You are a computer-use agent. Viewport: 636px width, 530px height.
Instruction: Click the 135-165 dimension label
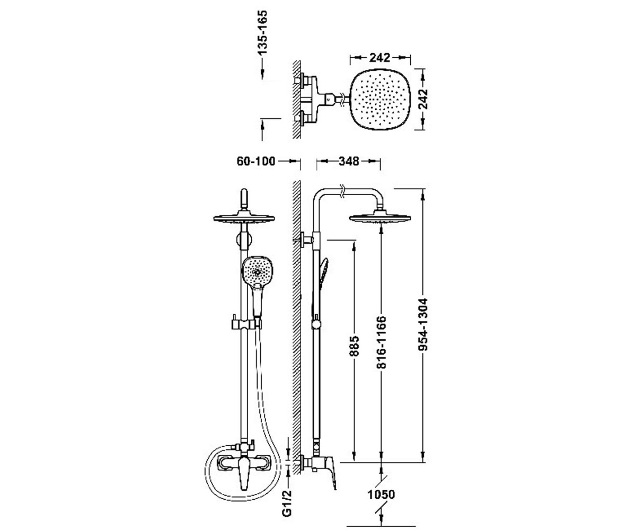click(x=262, y=32)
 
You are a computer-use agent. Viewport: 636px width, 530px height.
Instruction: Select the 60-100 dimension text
click(x=256, y=161)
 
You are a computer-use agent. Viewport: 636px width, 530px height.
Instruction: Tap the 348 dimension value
click(x=349, y=161)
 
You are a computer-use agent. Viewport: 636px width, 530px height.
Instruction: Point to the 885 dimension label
click(x=355, y=346)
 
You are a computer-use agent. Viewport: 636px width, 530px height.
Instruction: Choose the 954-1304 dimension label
click(x=423, y=325)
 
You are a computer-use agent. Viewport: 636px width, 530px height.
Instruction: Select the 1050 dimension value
click(x=381, y=494)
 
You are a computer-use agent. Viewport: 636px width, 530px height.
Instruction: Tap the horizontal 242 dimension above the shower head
click(x=379, y=58)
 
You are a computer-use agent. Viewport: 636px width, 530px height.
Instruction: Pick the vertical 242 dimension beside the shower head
click(x=423, y=99)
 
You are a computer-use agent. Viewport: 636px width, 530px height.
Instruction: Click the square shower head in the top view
click(x=380, y=99)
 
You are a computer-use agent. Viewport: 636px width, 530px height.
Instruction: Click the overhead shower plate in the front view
click(x=244, y=219)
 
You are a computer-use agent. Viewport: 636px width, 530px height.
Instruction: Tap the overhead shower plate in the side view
click(x=380, y=218)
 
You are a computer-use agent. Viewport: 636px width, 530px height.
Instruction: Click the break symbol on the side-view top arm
click(x=343, y=191)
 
